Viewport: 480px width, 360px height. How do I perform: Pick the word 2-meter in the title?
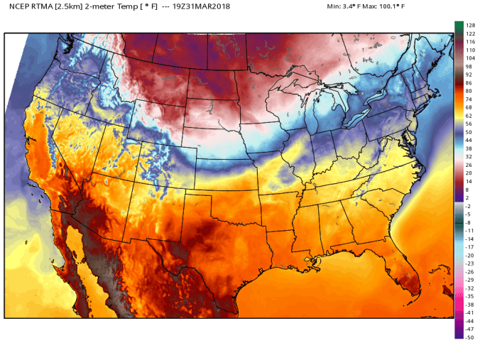[104, 7]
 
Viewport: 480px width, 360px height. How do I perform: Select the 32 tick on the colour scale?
[469, 156]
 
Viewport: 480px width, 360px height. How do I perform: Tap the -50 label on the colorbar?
[470, 337]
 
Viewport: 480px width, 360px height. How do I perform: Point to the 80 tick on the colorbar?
[469, 91]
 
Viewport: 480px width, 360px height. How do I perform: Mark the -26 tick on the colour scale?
[470, 271]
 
